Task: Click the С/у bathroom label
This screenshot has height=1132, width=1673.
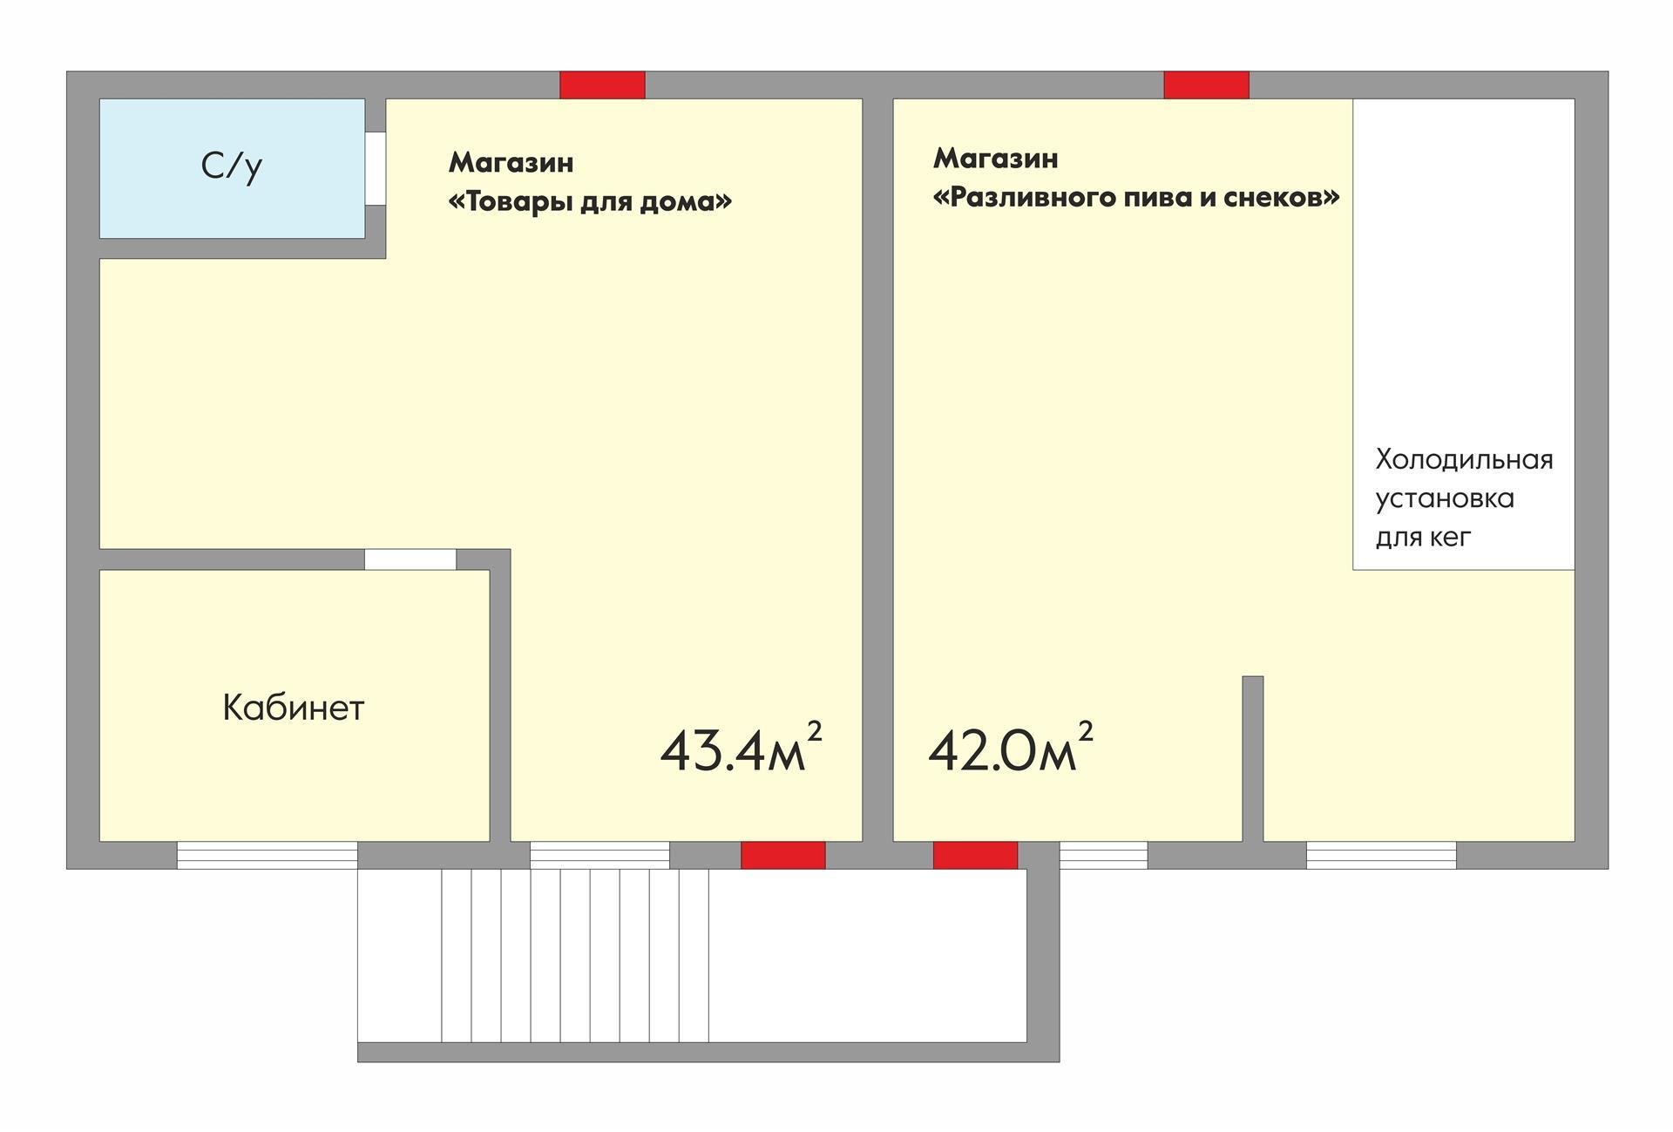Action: (231, 166)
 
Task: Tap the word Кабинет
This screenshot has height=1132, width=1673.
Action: (293, 708)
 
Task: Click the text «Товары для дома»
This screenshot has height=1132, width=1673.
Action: (590, 202)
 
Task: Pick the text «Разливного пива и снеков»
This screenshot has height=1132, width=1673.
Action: (1135, 198)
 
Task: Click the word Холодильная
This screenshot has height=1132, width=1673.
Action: (1464, 459)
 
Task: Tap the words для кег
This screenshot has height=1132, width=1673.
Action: (1423, 537)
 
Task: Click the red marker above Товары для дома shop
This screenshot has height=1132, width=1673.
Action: (602, 85)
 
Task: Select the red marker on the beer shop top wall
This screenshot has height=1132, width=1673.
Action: (1206, 85)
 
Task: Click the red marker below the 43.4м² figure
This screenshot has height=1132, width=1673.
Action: (782, 855)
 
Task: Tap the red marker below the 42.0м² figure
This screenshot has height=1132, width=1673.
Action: (975, 855)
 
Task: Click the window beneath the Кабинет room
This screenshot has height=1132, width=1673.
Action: (267, 855)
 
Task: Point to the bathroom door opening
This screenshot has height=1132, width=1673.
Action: (376, 168)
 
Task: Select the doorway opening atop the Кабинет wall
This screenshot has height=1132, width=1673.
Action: (410, 559)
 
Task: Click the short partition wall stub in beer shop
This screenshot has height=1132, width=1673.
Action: (1252, 758)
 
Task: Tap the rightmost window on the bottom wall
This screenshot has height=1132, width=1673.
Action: (1380, 855)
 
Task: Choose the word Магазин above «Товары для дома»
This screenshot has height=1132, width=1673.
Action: (511, 163)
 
